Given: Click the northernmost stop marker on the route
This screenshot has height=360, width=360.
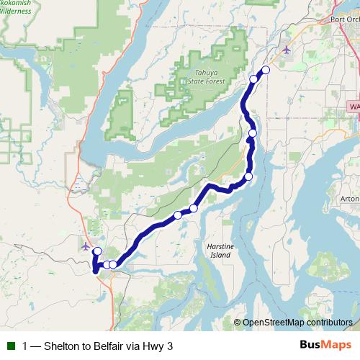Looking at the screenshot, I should [x=266, y=70].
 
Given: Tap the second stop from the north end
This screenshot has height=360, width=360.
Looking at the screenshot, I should [x=253, y=79].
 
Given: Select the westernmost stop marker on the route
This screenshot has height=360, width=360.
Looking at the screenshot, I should [x=97, y=251].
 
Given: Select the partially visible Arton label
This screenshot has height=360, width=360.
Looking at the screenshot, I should [x=351, y=199].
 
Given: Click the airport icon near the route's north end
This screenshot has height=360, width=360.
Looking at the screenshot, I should [x=287, y=50].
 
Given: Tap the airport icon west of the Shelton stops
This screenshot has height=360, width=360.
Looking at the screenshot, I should [x=86, y=246].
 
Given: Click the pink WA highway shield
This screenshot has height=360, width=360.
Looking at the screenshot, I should [x=354, y=106].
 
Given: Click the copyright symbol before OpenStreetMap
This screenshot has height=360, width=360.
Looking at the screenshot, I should [x=237, y=323].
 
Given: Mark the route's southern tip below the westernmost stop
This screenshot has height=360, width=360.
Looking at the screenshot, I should [x=95, y=271].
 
